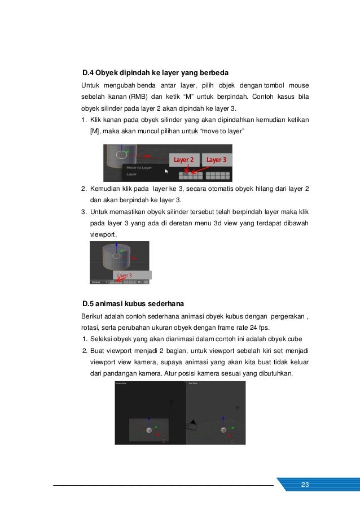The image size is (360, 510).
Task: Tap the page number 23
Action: pos(305,485)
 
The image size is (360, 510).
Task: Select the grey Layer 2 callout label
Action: pos(183,160)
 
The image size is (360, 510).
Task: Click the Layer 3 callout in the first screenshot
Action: pos(216,160)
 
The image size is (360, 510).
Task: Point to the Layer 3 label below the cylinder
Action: pos(124,275)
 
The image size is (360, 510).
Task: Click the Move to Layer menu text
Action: pos(139,168)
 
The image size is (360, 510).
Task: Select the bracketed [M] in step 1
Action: pos(95,131)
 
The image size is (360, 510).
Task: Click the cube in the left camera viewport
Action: pos(149,430)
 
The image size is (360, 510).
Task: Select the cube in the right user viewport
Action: pos(223,430)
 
